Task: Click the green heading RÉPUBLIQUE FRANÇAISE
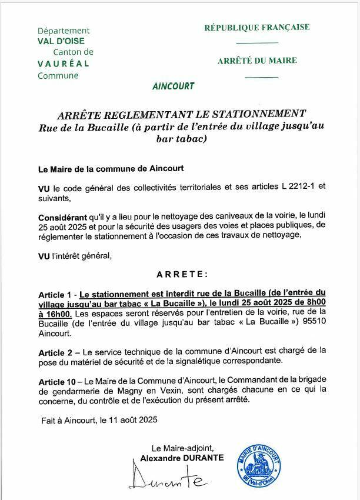click(x=256, y=28)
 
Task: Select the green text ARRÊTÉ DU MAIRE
click(x=257, y=61)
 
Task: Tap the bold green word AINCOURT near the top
click(x=173, y=86)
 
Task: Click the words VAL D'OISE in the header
click(x=61, y=41)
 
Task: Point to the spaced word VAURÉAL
click(x=64, y=64)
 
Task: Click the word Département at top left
click(x=64, y=31)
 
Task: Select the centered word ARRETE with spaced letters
click(x=182, y=274)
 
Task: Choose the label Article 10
click(x=58, y=382)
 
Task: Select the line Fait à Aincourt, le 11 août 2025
click(x=99, y=421)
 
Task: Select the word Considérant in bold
click(x=62, y=217)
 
